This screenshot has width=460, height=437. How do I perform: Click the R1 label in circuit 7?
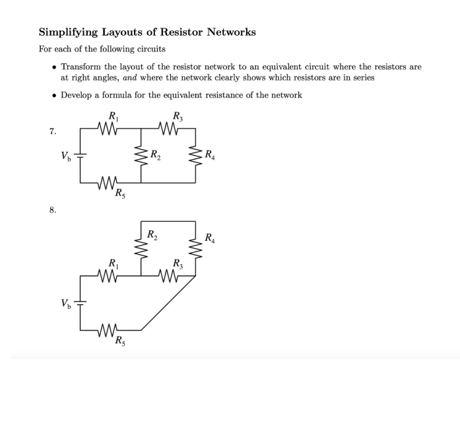113,118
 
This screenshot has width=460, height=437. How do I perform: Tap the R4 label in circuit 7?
209,156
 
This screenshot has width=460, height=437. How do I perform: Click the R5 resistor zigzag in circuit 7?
108,183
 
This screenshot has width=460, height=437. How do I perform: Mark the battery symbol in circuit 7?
81,156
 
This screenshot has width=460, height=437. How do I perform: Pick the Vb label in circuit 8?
64,303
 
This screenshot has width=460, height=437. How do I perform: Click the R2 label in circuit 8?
152,234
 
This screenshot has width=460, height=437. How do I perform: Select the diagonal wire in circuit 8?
168,303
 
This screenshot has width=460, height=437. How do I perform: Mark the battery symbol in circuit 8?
81,304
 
